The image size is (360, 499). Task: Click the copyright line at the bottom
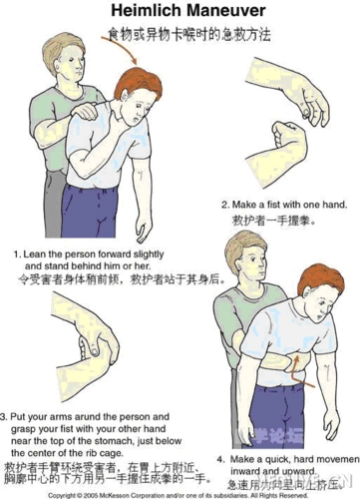[x=180, y=494]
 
